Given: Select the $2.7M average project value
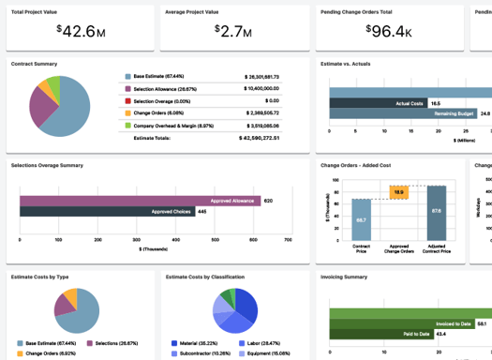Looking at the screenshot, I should click(x=230, y=31).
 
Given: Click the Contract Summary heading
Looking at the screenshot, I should click(x=34, y=64).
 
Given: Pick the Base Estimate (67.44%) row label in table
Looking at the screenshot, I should click(x=158, y=76).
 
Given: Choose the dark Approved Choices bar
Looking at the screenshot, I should click(x=108, y=212).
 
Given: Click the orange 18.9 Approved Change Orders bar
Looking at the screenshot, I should click(x=398, y=192).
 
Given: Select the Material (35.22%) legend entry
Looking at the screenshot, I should click(x=198, y=343).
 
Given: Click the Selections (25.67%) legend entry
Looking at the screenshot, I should click(x=114, y=343).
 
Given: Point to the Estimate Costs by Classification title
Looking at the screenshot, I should click(x=205, y=277).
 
